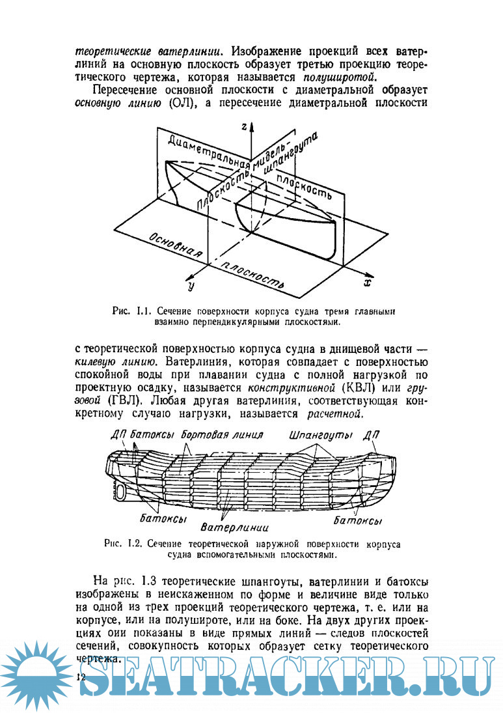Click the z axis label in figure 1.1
pos(243,128)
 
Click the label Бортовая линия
pos(223,434)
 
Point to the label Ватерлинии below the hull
pos(235,526)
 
